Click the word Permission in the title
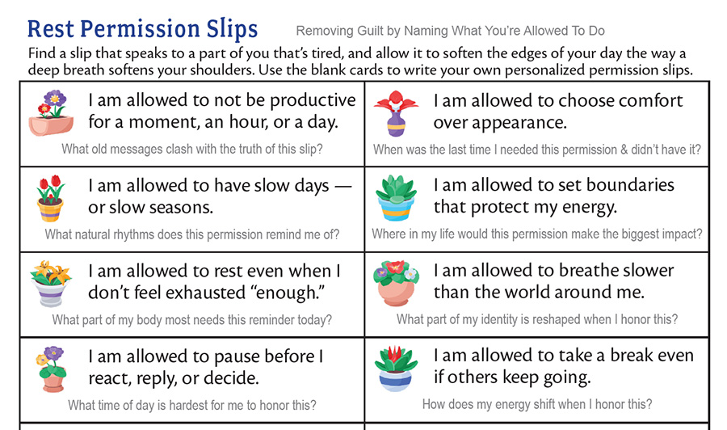coord(140,30)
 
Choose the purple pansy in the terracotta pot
coord(51,369)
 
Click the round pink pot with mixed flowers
coord(396,283)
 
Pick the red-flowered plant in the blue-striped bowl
coord(396,369)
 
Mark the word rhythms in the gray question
coord(132,234)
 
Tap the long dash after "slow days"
coord(343,187)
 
